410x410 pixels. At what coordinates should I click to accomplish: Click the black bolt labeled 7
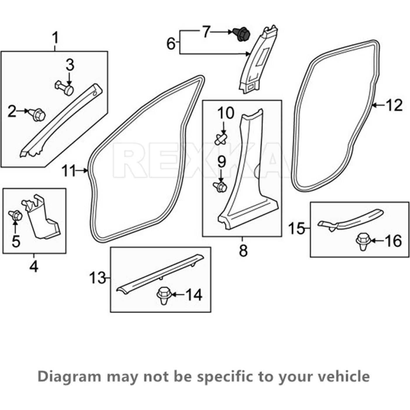pos(241,34)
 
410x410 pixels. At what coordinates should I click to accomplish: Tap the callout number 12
pos(394,105)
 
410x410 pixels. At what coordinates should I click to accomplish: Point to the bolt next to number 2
pos(38,115)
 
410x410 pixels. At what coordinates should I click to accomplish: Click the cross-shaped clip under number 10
pos(221,139)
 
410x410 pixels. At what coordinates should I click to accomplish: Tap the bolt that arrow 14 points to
pos(164,295)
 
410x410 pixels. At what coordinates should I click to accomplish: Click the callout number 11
pos(69,171)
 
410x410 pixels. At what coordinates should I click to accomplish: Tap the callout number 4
pos(34,266)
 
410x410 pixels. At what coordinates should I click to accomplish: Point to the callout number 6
pos(171,44)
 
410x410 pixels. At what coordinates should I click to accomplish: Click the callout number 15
pos(296,229)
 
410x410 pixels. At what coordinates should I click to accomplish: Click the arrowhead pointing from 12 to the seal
pos(375,105)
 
